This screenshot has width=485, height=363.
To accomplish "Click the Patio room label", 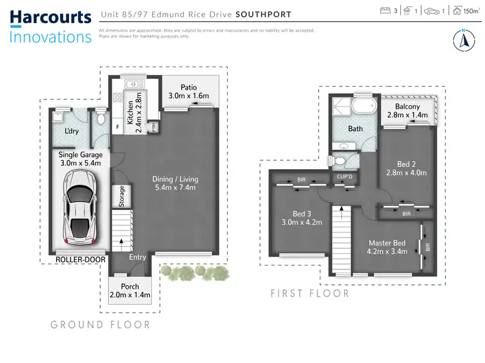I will click(188, 87).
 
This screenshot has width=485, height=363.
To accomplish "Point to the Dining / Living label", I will click(175, 179).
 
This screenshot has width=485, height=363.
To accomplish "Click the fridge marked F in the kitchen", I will click(117, 127).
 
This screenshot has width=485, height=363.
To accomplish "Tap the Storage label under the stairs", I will click(121, 196).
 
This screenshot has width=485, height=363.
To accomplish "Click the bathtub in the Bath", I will click(362, 106).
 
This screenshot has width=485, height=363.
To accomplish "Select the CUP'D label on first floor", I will click(343, 176).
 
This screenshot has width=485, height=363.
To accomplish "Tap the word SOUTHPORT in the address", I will click(263, 14).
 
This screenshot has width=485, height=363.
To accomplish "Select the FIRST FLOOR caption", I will click(310, 293).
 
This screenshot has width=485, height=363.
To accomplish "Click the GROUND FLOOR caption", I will click(100, 325).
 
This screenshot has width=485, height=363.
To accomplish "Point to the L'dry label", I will click(72, 131).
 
